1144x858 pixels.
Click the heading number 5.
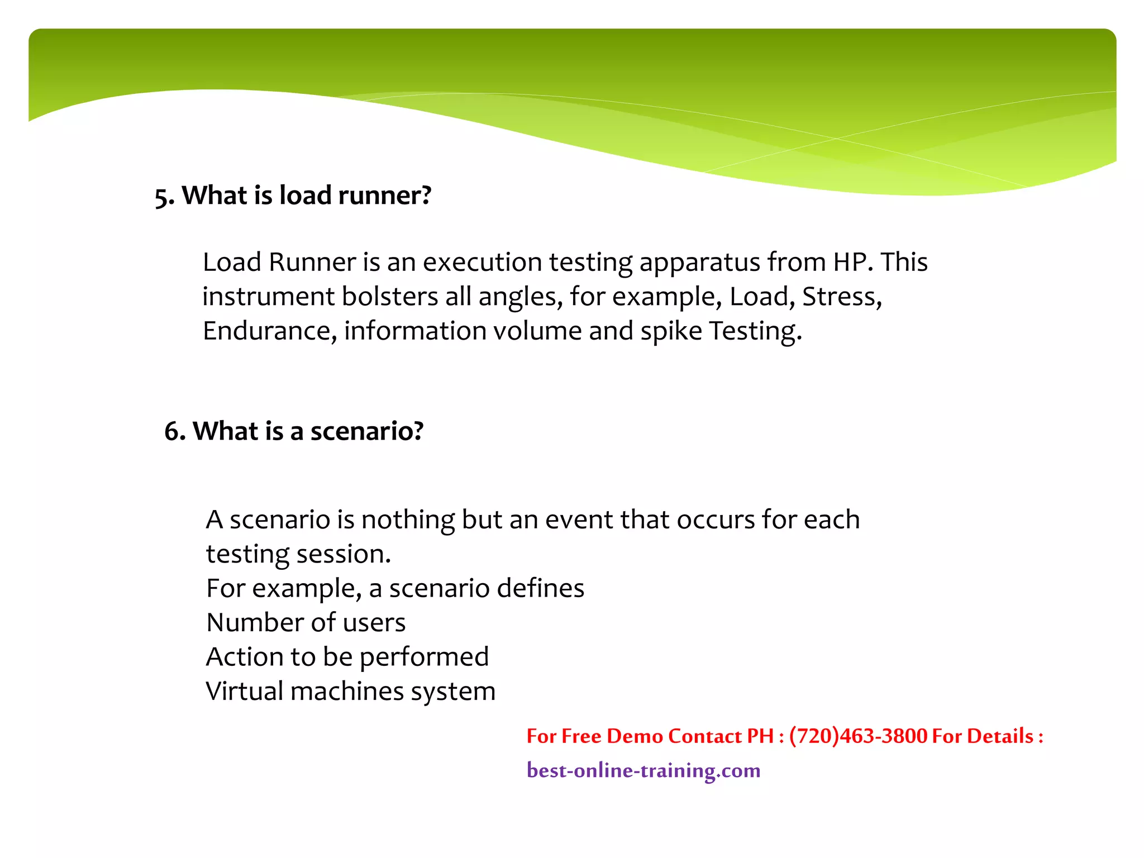pyautogui.click(x=164, y=197)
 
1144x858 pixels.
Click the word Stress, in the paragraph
pyautogui.click(x=842, y=297)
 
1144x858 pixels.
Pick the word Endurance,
pyautogui.click(x=269, y=331)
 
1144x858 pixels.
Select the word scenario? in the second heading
pyautogui.click(x=367, y=431)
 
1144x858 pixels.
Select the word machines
pyautogui.click(x=347, y=691)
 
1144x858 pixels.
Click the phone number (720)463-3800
pyautogui.click(x=858, y=736)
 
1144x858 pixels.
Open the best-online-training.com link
pyautogui.click(x=643, y=771)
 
